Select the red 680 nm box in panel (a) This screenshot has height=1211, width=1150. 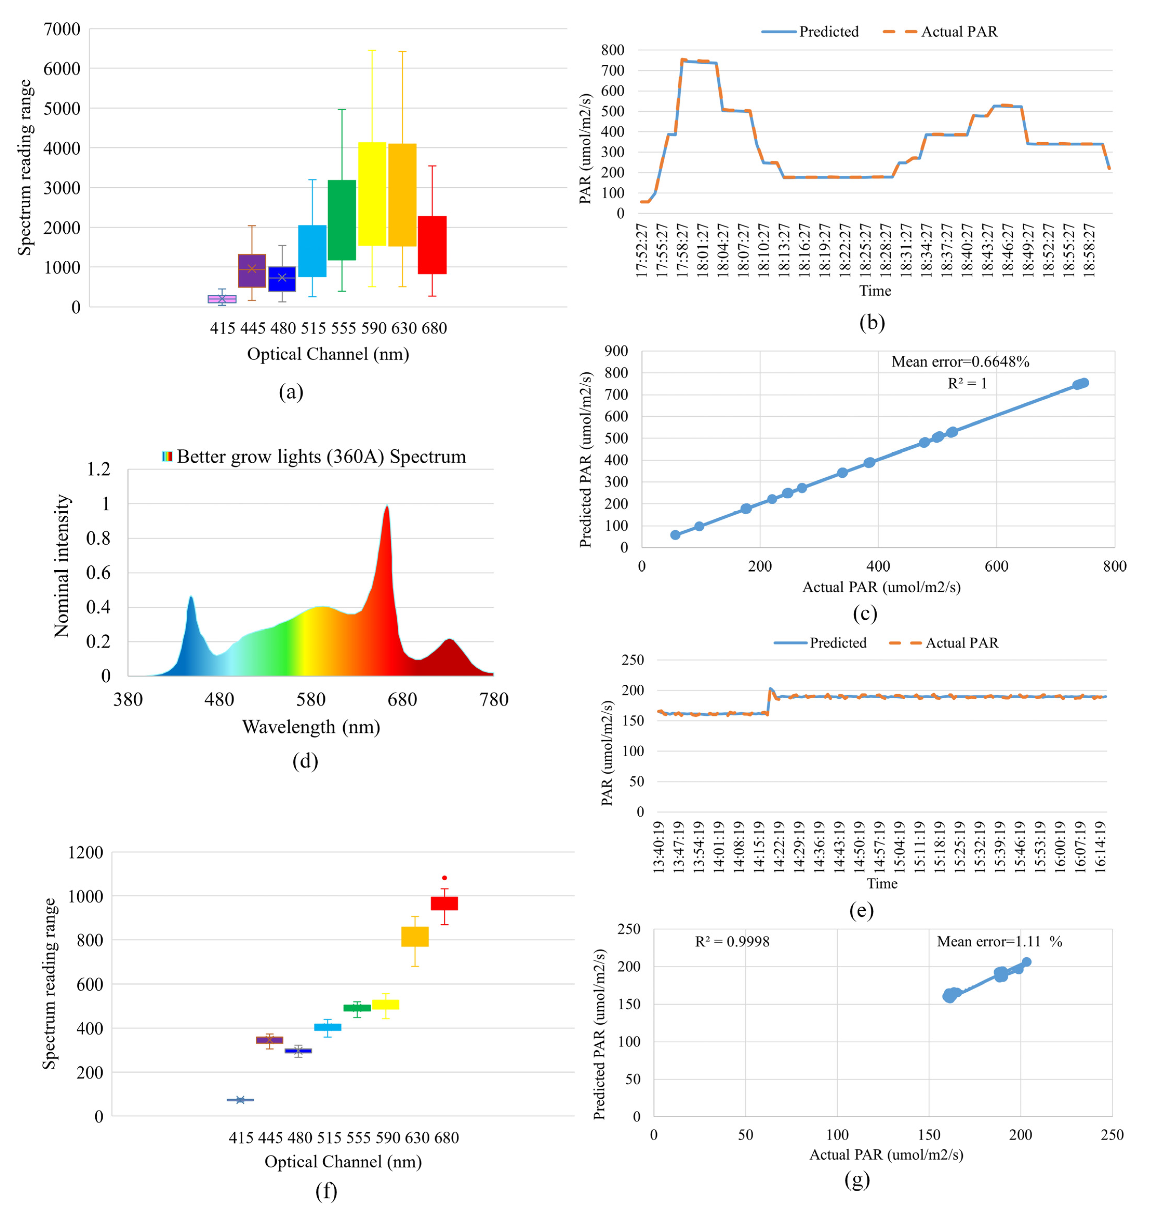tap(432, 245)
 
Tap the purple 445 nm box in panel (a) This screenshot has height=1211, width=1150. tap(251, 270)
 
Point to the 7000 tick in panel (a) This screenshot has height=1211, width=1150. tap(62, 29)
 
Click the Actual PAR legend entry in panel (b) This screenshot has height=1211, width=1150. tap(941, 32)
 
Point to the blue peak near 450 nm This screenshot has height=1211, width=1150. tap(191, 598)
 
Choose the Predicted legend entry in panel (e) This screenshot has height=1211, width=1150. tap(821, 643)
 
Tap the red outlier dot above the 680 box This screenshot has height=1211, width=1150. tap(444, 878)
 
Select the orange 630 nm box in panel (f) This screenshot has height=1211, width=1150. tap(415, 936)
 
